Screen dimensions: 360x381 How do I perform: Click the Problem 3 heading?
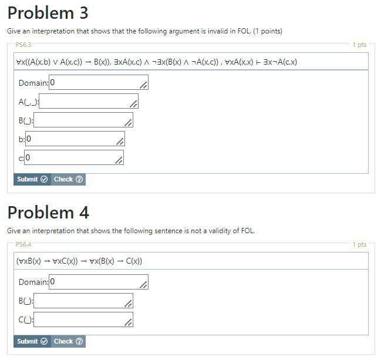click(48, 13)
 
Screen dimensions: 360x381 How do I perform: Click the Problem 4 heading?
click(48, 213)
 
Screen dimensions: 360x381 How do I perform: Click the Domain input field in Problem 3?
click(99, 83)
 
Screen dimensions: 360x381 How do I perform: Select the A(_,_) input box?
click(88, 102)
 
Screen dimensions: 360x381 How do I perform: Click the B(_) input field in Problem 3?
click(83, 120)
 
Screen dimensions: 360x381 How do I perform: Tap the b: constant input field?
click(75, 139)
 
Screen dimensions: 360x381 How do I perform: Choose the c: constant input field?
click(74, 158)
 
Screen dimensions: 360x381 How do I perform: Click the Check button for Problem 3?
click(68, 179)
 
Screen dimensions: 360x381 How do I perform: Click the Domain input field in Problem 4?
click(99, 282)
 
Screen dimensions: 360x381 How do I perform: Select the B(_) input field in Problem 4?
click(83, 301)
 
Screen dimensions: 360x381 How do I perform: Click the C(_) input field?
click(83, 320)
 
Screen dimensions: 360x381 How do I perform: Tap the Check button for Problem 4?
click(68, 341)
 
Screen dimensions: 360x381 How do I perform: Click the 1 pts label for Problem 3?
click(359, 45)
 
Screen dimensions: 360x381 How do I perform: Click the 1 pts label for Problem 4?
click(359, 244)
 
